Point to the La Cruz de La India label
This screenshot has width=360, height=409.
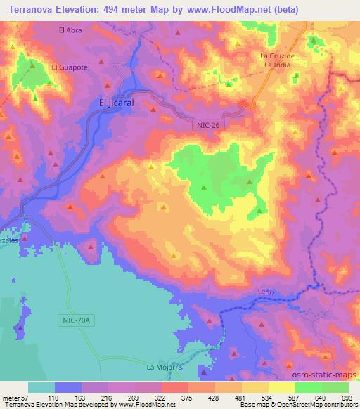280,60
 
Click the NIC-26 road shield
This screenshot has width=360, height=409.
204,124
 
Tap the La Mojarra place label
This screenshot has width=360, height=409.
161,368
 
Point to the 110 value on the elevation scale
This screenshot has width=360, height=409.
54,398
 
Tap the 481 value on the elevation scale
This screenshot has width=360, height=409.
239,398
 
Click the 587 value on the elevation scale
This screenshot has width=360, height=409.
292,398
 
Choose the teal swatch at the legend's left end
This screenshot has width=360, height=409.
41,387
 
